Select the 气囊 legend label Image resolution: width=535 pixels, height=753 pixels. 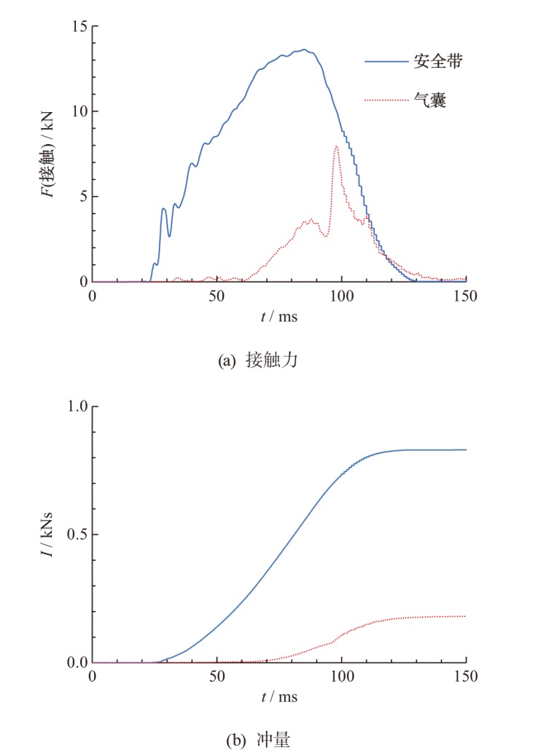pyautogui.click(x=429, y=101)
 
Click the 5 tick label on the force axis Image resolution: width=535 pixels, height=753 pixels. pyautogui.click(x=82, y=197)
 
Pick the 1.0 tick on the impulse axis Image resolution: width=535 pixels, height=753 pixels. pyautogui.click(x=77, y=406)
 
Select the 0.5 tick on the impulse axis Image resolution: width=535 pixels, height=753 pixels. pyautogui.click(x=77, y=535)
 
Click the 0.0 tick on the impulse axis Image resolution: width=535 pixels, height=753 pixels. pyautogui.click(x=77, y=663)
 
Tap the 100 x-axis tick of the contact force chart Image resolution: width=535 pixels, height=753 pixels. pyautogui.click(x=341, y=297)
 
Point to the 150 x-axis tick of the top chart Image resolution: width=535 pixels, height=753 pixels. pyautogui.click(x=465, y=297)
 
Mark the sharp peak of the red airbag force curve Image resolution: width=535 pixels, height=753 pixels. pyautogui.click(x=336, y=146)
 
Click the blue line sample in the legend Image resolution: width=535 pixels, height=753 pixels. pyautogui.click(x=386, y=62)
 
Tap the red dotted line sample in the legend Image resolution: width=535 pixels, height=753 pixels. pyautogui.click(x=386, y=101)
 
